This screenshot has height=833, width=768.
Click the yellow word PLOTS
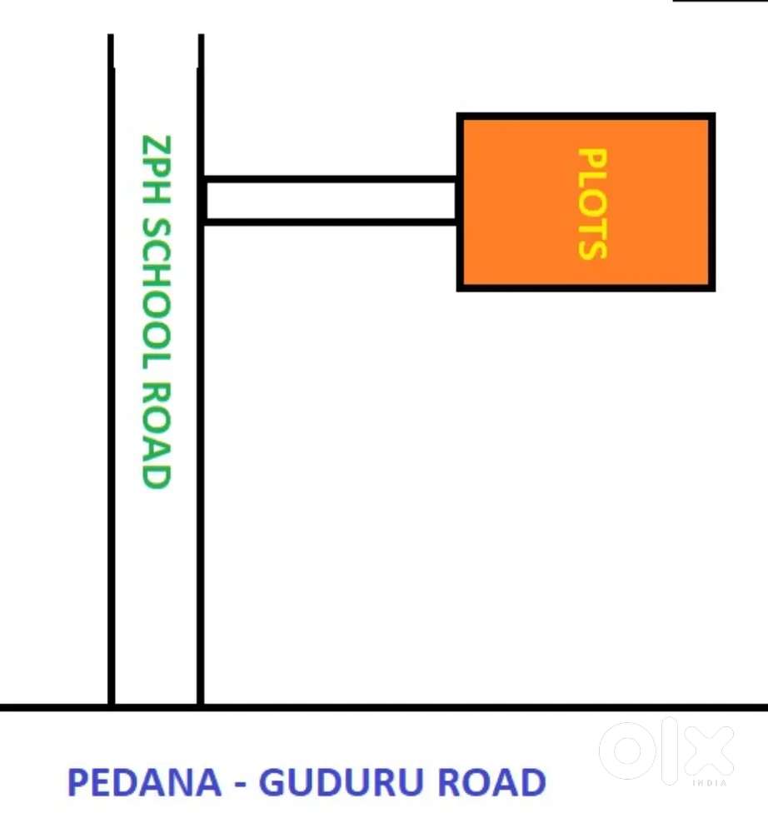coord(592,203)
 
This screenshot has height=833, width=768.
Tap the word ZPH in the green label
coord(156,169)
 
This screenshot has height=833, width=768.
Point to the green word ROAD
coord(156,436)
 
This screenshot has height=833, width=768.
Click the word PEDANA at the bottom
coord(144,782)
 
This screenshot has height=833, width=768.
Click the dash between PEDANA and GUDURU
coord(240,784)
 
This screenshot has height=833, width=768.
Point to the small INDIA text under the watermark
coord(710,783)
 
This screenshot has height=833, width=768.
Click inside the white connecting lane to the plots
coord(331,200)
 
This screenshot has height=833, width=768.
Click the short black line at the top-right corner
coord(721,1)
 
